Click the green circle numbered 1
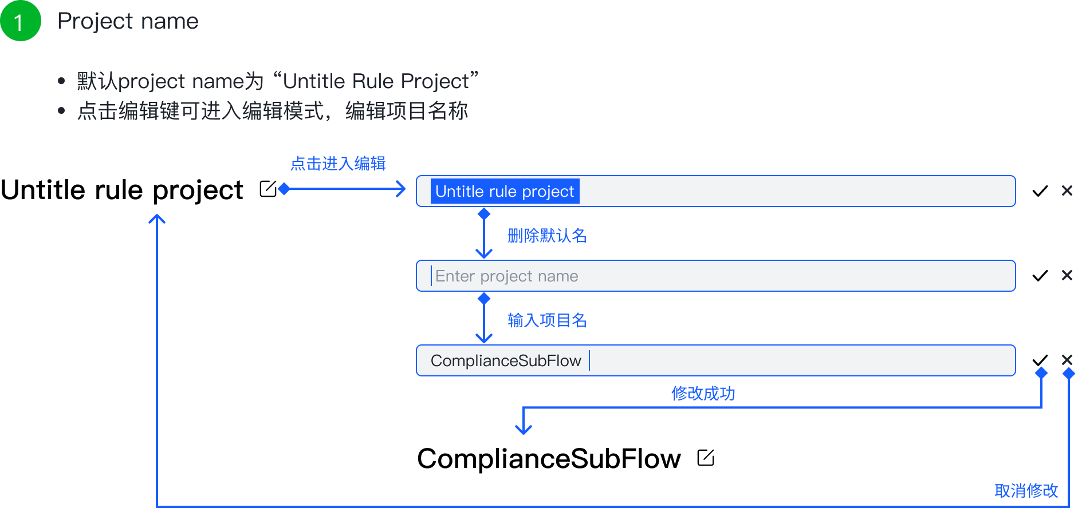tap(21, 21)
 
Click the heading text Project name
tap(128, 22)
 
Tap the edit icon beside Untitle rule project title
tap(268, 189)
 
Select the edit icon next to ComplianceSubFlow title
tap(706, 458)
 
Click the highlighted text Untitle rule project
tap(505, 191)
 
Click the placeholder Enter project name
tap(507, 276)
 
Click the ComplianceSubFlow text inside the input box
tap(506, 360)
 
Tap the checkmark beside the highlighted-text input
tap(1040, 191)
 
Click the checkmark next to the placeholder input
tap(1040, 276)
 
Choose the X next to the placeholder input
tap(1067, 275)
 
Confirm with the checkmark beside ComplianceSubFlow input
tap(1040, 360)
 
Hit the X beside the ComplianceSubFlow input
tap(1067, 359)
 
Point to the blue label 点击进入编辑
tap(338, 164)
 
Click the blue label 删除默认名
tap(547, 235)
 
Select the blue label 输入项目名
tap(547, 320)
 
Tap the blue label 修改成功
tap(703, 393)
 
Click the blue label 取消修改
tap(1026, 490)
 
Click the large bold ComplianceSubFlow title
tap(549, 459)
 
